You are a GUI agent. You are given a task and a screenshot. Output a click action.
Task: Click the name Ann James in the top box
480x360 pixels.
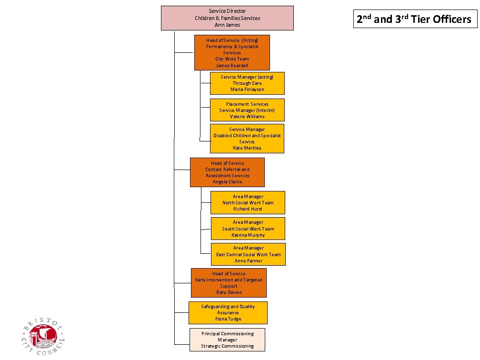tap(227, 25)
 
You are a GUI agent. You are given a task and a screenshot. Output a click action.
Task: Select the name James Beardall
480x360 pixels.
tap(232, 65)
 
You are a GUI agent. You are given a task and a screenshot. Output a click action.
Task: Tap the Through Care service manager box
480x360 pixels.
tap(247, 83)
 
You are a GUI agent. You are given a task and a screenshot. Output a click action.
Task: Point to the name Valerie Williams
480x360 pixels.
tap(247, 116)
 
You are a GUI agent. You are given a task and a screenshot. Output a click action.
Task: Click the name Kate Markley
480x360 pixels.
tap(247, 148)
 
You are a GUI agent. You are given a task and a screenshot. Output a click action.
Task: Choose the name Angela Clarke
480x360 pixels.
tap(227, 181)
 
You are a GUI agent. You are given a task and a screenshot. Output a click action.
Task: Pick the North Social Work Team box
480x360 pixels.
tap(248, 202)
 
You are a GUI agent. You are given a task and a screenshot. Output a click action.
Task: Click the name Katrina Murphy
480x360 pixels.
tap(248, 235)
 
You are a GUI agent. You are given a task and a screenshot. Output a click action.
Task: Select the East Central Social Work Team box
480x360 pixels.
tap(248, 254)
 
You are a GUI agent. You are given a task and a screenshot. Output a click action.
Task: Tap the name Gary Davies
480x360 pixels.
tap(229, 292)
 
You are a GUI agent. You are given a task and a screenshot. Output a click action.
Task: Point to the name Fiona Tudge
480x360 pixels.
tap(228, 319)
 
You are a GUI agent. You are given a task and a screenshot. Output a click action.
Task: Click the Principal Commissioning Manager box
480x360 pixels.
tap(227, 340)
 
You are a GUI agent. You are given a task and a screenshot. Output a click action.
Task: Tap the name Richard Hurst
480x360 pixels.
tap(248, 209)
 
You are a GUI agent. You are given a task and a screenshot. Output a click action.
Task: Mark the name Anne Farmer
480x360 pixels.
tap(248, 260)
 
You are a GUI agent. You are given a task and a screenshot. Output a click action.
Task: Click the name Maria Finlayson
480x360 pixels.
tap(247, 89)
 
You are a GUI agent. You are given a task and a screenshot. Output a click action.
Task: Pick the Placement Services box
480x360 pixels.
tap(247, 110)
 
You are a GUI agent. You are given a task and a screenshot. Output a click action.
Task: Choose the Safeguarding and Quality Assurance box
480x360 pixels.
tap(228, 312)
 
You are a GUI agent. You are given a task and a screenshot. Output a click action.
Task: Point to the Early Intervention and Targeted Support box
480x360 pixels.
tap(229, 282)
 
